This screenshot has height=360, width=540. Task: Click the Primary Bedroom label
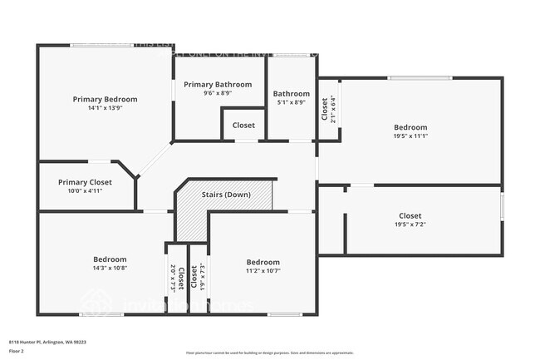pos(105,99)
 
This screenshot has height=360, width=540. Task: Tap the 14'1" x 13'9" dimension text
pos(105,108)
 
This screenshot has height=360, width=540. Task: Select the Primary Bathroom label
pos(218,85)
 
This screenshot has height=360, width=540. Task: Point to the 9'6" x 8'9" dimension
pos(218,93)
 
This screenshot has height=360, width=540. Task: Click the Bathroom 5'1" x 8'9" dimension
pos(292,103)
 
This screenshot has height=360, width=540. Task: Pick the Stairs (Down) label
pos(226,195)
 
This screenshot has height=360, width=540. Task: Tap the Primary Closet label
pos(85,182)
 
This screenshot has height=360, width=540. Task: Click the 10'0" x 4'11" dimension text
pos(85,190)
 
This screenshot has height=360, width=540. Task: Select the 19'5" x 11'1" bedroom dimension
pos(410,136)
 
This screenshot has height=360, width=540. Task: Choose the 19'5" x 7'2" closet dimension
pos(410,224)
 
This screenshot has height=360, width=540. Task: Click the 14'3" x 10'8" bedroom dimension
pos(110,269)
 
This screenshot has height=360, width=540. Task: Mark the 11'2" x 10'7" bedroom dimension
pos(263,269)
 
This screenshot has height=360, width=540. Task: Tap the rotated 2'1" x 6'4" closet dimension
pos(333,110)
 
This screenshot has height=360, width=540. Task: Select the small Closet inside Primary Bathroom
pos(243,126)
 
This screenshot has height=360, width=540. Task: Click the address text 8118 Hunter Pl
pos(48,341)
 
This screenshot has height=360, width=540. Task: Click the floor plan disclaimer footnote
pos(269,353)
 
